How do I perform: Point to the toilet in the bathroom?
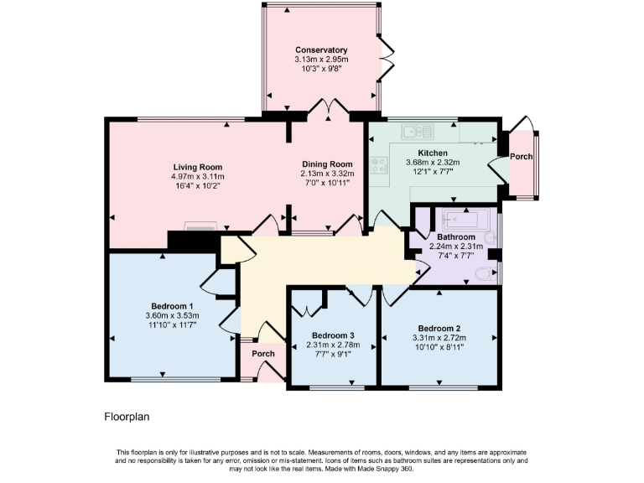485,273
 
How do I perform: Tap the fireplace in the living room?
200,226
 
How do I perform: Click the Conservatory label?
321,50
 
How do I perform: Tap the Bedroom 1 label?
173,306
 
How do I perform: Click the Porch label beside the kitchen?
522,156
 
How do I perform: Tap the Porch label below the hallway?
263,353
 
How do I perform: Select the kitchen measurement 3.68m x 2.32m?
427,163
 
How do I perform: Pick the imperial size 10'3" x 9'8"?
321,70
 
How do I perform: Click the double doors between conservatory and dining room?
321,107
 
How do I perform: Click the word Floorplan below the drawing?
127,416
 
